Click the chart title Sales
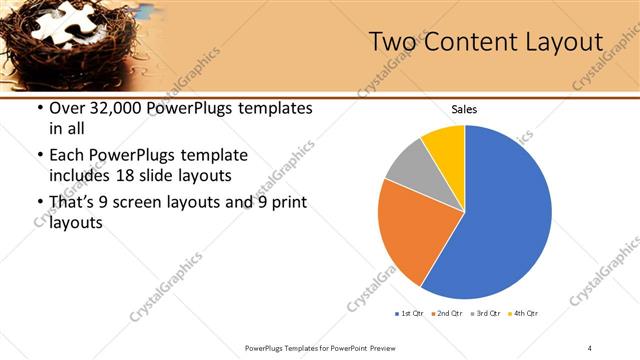465,109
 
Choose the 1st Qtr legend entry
408,314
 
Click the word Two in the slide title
389,42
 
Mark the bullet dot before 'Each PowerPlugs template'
39,156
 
